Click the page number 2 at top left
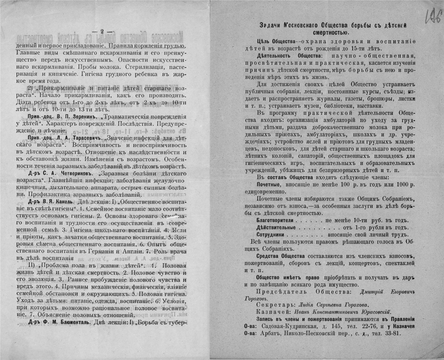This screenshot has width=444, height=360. (x=102, y=31)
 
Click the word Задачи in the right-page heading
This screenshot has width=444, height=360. (x=271, y=25)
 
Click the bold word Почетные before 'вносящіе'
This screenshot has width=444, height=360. (x=269, y=183)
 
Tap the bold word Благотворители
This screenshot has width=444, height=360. (x=274, y=221)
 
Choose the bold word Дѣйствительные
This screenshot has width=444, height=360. (x=276, y=228)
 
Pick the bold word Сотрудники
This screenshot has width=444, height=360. (x=270, y=234)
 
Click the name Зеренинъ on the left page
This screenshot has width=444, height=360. (x=78, y=117)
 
